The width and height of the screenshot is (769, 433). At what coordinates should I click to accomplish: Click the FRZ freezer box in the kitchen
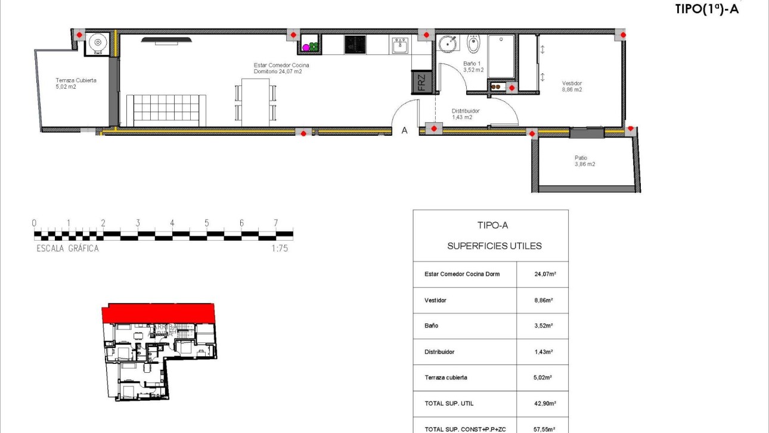click(421, 83)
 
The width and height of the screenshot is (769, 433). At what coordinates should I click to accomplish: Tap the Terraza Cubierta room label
click(76, 83)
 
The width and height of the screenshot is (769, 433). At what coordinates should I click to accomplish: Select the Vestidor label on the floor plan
click(572, 86)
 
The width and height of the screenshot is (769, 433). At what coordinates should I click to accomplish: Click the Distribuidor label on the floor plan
click(465, 114)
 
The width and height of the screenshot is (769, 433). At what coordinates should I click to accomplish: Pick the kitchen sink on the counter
click(400, 45)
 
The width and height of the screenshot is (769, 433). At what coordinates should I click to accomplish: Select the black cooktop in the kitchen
click(355, 44)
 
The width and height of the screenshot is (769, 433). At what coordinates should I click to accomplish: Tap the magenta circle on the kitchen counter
click(306, 47)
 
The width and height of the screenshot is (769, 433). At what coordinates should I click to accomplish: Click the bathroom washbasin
click(448, 43)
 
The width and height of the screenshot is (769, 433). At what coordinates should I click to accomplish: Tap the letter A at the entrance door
click(404, 130)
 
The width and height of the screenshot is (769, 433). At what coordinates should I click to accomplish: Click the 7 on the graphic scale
click(275, 223)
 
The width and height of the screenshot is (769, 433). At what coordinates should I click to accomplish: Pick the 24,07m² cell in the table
click(545, 275)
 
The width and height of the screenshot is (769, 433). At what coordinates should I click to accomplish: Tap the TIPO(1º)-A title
click(706, 9)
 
